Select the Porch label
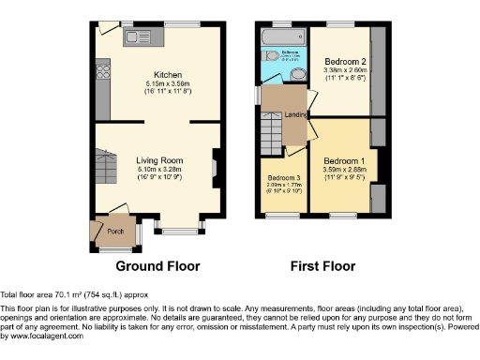click(x=116, y=228)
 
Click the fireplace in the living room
click(x=215, y=169)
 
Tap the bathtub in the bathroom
click(x=278, y=37)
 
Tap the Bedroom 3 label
click(x=284, y=178)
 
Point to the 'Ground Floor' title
click(x=157, y=266)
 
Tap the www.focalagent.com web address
click(x=44, y=336)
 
